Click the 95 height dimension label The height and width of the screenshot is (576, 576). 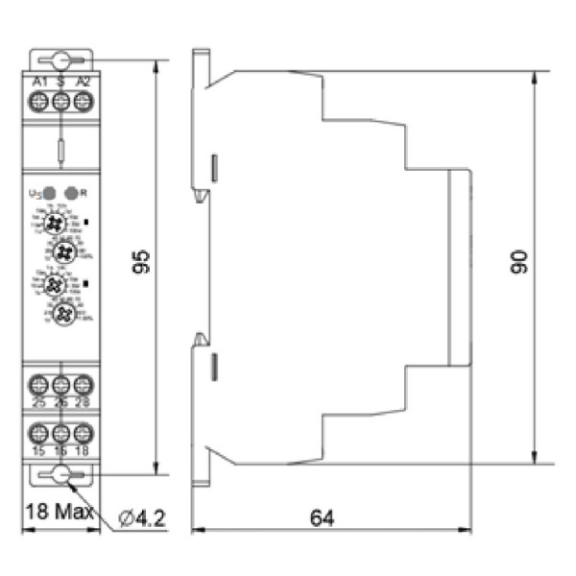pos(141,262)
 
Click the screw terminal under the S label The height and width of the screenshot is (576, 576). pos(61,104)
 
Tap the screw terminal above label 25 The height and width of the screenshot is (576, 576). pos(40,383)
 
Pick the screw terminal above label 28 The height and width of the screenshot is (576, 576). pos(83,383)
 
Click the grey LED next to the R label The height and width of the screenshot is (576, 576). pos(70,192)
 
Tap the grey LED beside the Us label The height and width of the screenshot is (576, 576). pos(49,192)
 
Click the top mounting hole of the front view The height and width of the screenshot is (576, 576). pos(61,60)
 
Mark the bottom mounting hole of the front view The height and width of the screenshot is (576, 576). pos(61,474)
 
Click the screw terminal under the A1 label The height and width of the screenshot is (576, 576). pos(40,104)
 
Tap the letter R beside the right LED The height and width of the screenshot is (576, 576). pos(84,192)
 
